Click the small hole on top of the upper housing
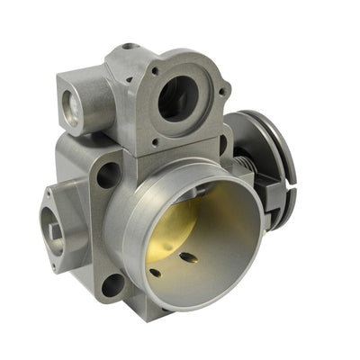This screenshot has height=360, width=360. pyautogui.click(x=130, y=46)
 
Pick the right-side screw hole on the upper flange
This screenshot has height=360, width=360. pyautogui.click(x=222, y=90)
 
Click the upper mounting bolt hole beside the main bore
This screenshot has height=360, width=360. pyautogui.click(x=107, y=174)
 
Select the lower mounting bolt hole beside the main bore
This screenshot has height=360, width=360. pyautogui.click(x=112, y=285)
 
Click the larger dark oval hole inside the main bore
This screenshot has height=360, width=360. pyautogui.click(x=187, y=258)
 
